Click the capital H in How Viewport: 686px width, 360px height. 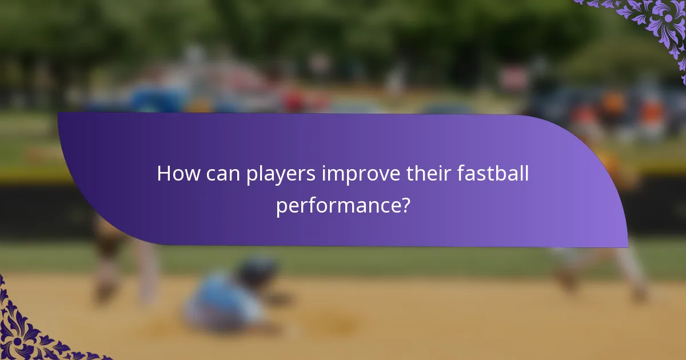coord(163,174)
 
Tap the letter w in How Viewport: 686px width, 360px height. coord(189,175)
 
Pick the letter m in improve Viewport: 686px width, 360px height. coord(334,175)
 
